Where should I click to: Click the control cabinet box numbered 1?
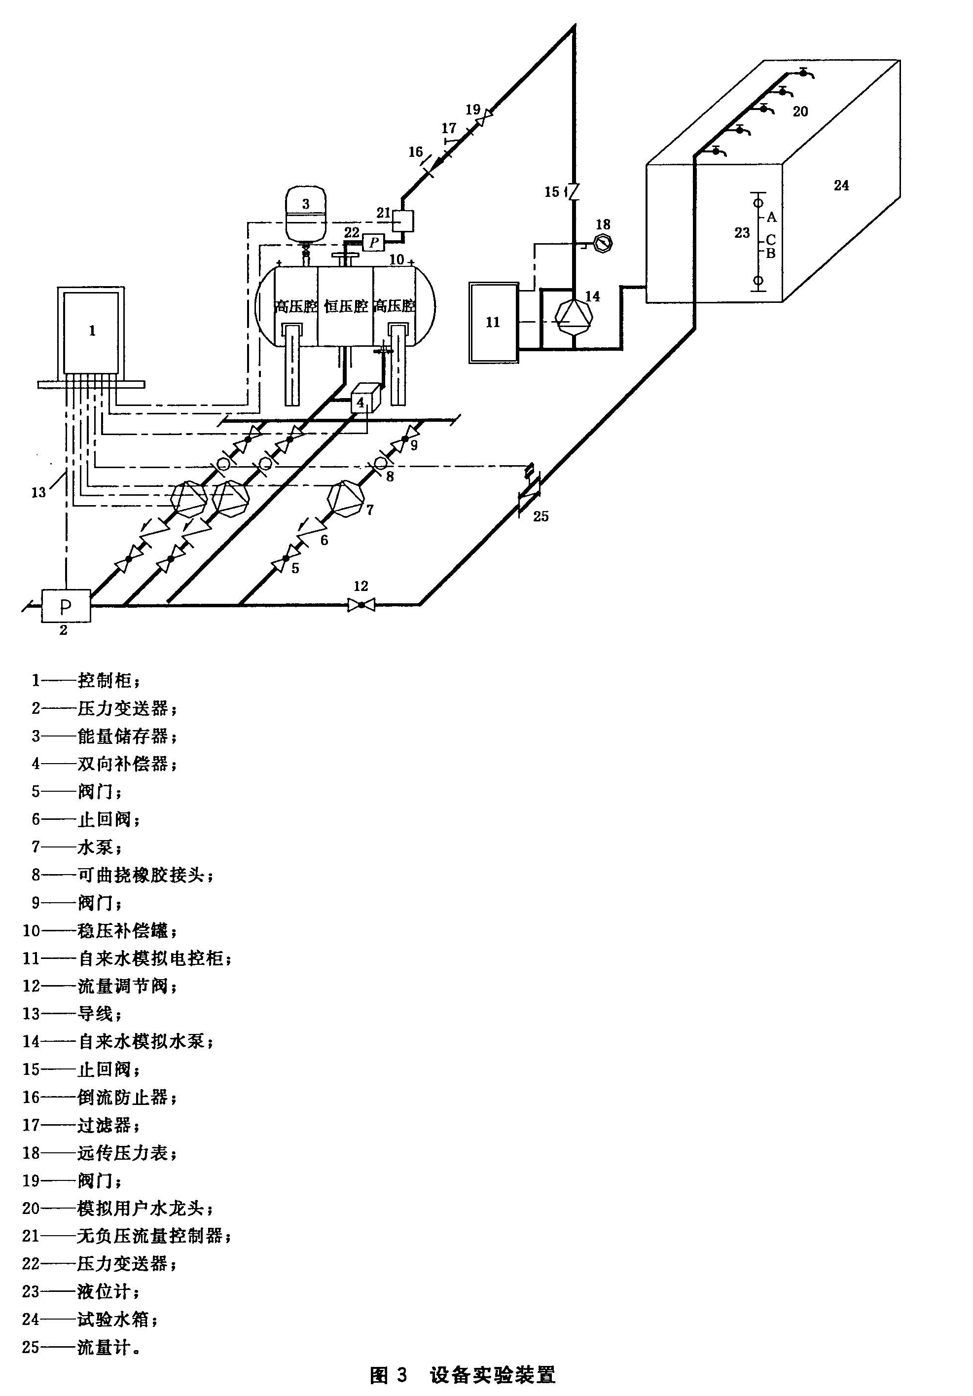[x=91, y=332]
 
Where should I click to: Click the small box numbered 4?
[x=361, y=402]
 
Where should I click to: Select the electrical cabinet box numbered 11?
[x=493, y=322]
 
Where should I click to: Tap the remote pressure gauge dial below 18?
[x=603, y=243]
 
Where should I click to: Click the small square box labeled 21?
[x=402, y=220]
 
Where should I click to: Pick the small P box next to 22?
[x=374, y=243]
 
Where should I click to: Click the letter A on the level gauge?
[x=771, y=217]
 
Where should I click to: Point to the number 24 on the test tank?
[x=841, y=185]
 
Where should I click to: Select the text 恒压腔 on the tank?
[x=346, y=306]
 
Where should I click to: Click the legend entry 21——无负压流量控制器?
[x=128, y=1236]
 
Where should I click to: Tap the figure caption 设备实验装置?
[x=492, y=1375]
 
